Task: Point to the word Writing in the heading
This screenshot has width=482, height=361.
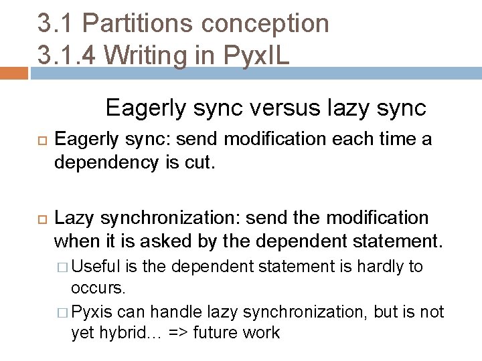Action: [x=162, y=55]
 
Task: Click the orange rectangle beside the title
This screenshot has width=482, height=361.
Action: [x=14, y=73]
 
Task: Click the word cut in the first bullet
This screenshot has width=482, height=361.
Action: [x=204, y=162]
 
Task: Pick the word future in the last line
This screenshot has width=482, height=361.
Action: [x=214, y=332]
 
